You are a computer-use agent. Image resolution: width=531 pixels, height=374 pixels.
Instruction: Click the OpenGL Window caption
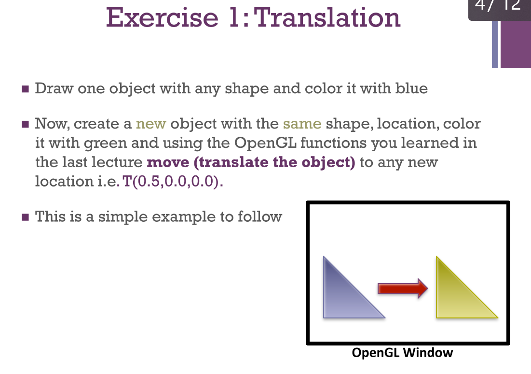click(403, 353)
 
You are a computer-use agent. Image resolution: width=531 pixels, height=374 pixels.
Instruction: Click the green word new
click(151, 124)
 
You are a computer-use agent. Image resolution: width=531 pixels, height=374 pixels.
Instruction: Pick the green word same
click(302, 124)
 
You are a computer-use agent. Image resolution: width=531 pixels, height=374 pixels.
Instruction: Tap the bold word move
click(167, 162)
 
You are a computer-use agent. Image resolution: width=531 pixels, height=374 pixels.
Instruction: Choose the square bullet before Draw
click(26, 89)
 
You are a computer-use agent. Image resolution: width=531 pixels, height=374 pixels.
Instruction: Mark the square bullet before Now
click(26, 124)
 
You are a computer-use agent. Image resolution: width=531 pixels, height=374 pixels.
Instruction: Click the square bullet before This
click(26, 217)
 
